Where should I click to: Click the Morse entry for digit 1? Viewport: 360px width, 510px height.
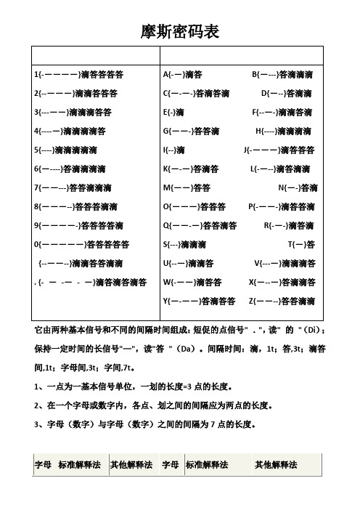(78, 74)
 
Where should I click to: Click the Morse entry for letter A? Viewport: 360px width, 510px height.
(184, 74)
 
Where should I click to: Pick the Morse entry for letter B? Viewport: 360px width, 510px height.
(282, 74)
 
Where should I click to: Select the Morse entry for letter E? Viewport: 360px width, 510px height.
(173, 112)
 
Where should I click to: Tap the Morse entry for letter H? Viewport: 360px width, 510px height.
(285, 131)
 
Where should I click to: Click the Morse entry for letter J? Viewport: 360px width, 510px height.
(279, 150)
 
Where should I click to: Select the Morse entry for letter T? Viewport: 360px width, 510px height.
(301, 243)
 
